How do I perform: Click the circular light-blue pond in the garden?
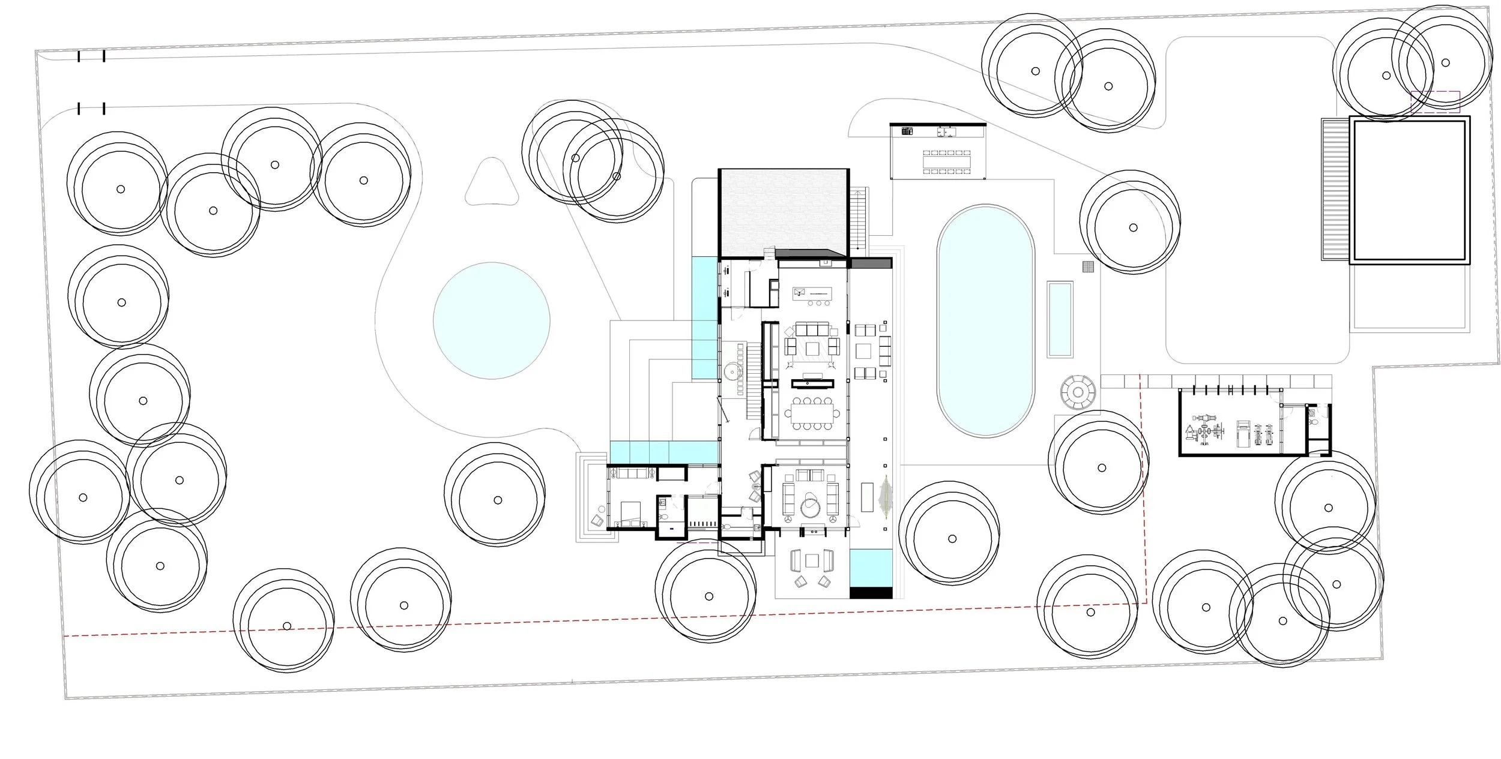coord(491,320)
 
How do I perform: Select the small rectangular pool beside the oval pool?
coord(1060,319)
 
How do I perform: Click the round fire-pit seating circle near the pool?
coord(1078,393)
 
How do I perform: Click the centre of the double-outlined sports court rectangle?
coord(1409,190)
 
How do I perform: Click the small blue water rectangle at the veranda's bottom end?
coord(870,568)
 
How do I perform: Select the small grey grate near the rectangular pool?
coord(1089,267)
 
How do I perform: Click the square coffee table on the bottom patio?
coord(812,560)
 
